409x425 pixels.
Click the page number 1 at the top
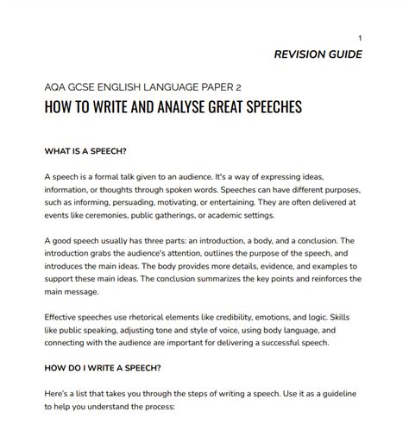coord(360,39)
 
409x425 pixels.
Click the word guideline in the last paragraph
coord(336,393)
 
